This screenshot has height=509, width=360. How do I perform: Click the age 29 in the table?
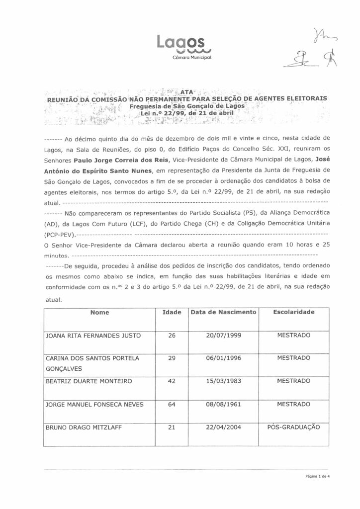[x=172, y=358]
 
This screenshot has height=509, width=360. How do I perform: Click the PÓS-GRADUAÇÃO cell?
[x=293, y=427]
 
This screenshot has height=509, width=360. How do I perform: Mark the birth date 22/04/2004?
[x=223, y=427]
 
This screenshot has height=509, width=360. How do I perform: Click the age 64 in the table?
[x=172, y=404]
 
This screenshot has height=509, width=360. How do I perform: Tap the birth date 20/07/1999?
[x=223, y=336]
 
